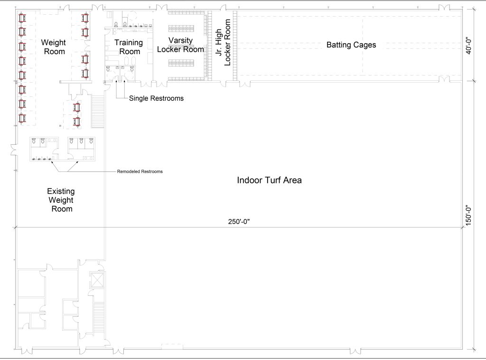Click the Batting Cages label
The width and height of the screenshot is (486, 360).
click(x=351, y=45)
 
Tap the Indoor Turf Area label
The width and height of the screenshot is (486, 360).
click(x=270, y=180)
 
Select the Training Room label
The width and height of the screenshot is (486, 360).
click(x=129, y=47)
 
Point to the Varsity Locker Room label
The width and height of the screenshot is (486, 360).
click(x=180, y=45)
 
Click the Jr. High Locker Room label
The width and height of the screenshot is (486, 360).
click(x=223, y=42)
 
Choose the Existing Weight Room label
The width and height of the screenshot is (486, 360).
click(x=61, y=200)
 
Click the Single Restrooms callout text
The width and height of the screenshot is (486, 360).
click(x=156, y=98)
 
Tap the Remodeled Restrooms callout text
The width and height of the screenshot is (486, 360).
click(x=140, y=171)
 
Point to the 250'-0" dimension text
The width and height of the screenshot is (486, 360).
click(x=239, y=222)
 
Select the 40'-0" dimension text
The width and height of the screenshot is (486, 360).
click(x=469, y=45)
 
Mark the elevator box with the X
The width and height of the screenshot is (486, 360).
click(x=97, y=280)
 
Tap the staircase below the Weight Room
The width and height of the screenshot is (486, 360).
click(x=98, y=111)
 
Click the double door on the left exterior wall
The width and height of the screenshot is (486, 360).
click(x=14, y=150)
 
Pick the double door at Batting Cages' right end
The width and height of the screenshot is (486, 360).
click(x=444, y=79)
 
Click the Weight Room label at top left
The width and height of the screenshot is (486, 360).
click(x=54, y=47)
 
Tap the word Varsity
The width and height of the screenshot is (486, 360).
click(x=180, y=41)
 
